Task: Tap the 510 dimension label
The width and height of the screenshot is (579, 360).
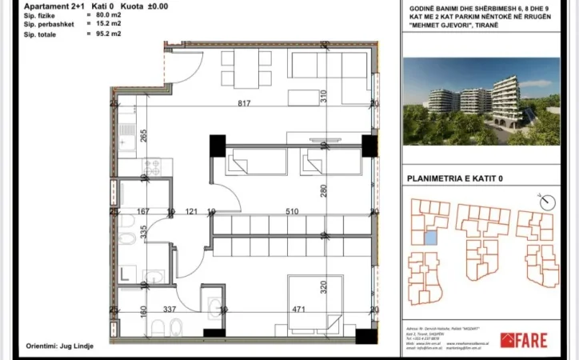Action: [x=293, y=212]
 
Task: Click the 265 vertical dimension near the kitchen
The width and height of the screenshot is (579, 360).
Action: [x=144, y=135]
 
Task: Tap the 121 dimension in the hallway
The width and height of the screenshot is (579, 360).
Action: [x=192, y=212]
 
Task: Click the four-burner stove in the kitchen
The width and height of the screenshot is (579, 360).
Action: [x=152, y=166]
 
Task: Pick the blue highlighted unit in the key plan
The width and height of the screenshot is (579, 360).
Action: [x=432, y=238]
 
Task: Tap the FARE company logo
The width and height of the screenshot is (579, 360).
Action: [x=524, y=341]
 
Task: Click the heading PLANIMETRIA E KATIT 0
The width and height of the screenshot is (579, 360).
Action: [x=456, y=178]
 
